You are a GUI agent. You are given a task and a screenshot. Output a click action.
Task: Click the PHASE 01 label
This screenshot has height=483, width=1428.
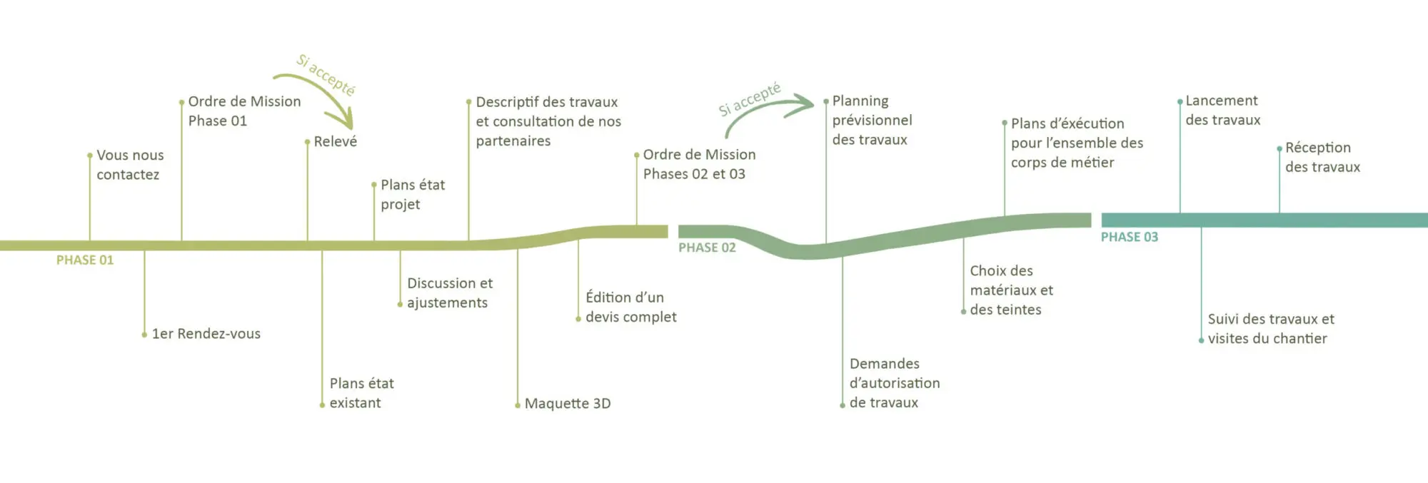[85, 260]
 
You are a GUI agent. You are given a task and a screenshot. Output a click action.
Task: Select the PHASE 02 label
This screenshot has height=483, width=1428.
[707, 248]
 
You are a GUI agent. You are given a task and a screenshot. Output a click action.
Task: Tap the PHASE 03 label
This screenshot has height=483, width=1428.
[1130, 237]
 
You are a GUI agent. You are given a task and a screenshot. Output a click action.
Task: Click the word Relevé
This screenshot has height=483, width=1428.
[336, 141]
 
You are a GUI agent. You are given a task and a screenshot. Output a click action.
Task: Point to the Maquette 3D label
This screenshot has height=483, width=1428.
[568, 403]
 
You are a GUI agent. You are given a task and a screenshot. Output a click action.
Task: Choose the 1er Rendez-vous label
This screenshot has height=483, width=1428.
[206, 333]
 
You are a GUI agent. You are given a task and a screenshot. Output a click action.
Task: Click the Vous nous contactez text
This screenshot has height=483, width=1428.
[130, 165]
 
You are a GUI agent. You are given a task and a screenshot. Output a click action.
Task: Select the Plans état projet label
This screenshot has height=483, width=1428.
[413, 194]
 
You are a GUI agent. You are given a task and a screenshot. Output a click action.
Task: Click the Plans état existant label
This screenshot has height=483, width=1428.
[361, 393]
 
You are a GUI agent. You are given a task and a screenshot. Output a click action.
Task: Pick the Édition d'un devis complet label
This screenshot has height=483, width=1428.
[631, 307]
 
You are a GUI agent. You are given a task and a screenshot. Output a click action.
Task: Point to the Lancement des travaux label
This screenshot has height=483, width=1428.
[1223, 110]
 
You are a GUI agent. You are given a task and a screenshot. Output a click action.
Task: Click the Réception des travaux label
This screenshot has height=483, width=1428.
[1323, 157]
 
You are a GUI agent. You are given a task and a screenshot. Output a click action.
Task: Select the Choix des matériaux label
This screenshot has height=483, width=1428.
[1011, 290]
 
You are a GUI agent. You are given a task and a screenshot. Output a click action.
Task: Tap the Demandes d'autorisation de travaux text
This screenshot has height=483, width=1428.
[895, 383]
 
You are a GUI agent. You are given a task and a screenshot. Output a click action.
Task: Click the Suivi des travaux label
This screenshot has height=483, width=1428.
[1271, 329]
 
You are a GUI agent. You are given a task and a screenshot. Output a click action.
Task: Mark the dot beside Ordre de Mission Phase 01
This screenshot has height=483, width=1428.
[181, 102]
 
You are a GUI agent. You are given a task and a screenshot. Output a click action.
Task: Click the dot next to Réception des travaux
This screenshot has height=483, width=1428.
[1279, 149]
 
